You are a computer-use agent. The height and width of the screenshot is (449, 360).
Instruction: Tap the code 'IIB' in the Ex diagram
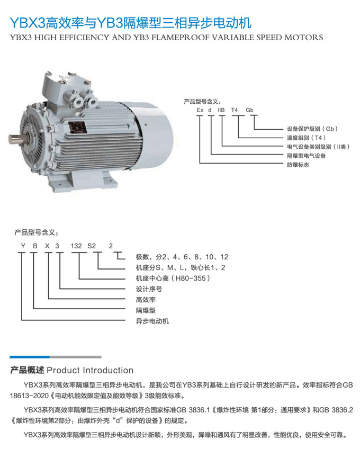[x=222, y=110]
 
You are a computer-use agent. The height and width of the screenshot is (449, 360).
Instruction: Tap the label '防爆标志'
[x=298, y=165]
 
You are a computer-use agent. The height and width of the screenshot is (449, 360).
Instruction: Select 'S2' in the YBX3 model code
[x=92, y=246]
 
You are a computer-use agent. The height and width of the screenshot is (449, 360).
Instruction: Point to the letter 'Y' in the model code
[x=22, y=246]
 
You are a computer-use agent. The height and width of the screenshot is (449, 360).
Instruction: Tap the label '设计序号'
[x=149, y=289]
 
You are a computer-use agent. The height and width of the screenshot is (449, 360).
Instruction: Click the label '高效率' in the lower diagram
[x=146, y=300]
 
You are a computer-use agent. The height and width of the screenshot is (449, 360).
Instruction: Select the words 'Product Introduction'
[x=90, y=370]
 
